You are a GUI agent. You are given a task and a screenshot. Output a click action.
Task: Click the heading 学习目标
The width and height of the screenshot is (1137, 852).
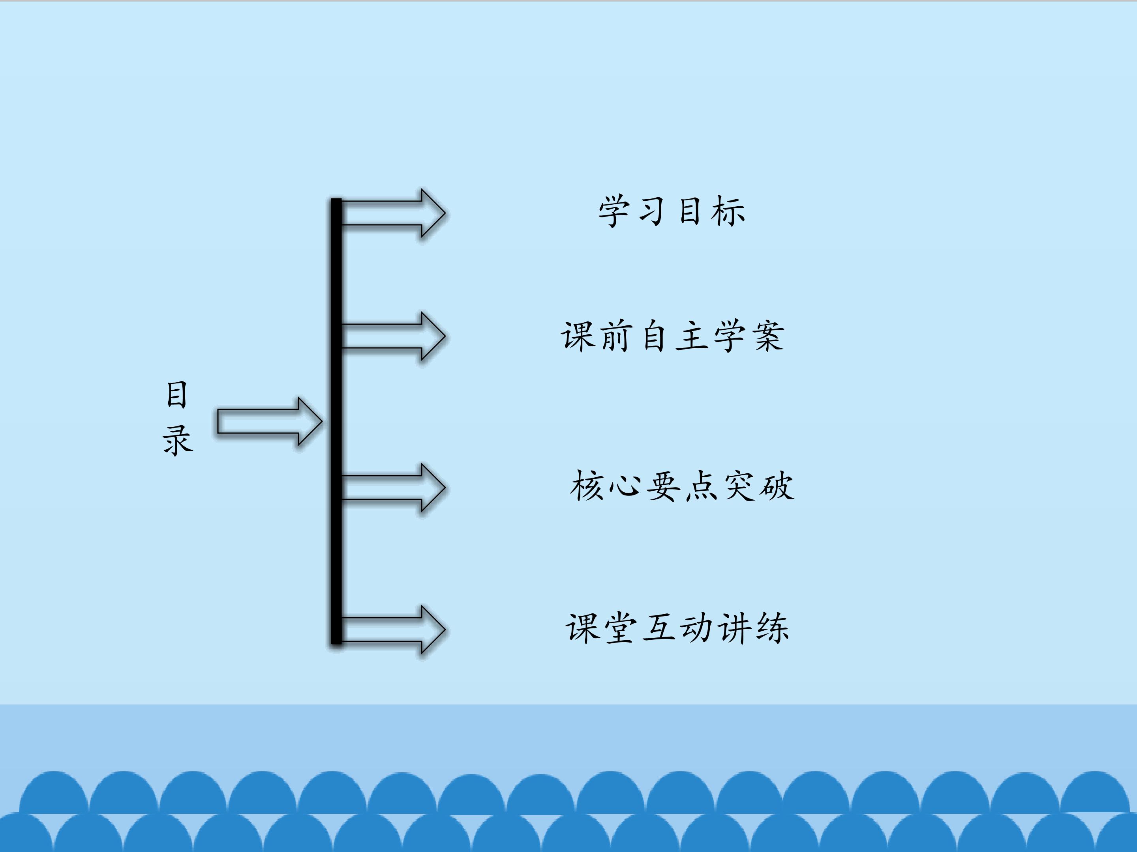coord(671,211)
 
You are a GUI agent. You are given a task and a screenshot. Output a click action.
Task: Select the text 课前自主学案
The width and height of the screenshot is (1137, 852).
coord(672,336)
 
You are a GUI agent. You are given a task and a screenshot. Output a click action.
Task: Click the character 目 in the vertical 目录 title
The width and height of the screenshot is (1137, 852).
coord(177,394)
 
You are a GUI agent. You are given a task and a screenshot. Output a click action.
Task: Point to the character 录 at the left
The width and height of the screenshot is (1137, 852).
coord(178,440)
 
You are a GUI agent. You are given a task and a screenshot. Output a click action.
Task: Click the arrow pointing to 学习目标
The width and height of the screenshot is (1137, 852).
coord(393,213)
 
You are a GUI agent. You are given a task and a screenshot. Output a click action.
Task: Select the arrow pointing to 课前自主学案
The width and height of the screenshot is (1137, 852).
coord(393,336)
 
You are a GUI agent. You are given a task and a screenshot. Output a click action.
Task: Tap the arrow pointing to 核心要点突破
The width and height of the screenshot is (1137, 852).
coord(393,488)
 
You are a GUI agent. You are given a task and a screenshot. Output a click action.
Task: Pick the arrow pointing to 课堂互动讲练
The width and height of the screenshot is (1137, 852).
coord(393,630)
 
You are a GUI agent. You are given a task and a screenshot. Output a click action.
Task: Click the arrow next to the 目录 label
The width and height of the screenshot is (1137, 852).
coord(270,422)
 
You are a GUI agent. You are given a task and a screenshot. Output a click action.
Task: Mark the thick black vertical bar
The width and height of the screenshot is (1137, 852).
coord(336,421)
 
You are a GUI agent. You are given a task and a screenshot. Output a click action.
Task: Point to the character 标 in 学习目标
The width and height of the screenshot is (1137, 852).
coord(728,211)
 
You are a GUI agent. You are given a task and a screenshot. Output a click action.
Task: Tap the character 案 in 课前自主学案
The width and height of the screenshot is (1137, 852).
coord(768,336)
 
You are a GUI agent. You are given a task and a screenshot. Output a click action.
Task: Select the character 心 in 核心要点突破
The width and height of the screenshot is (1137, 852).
coord(625,486)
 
